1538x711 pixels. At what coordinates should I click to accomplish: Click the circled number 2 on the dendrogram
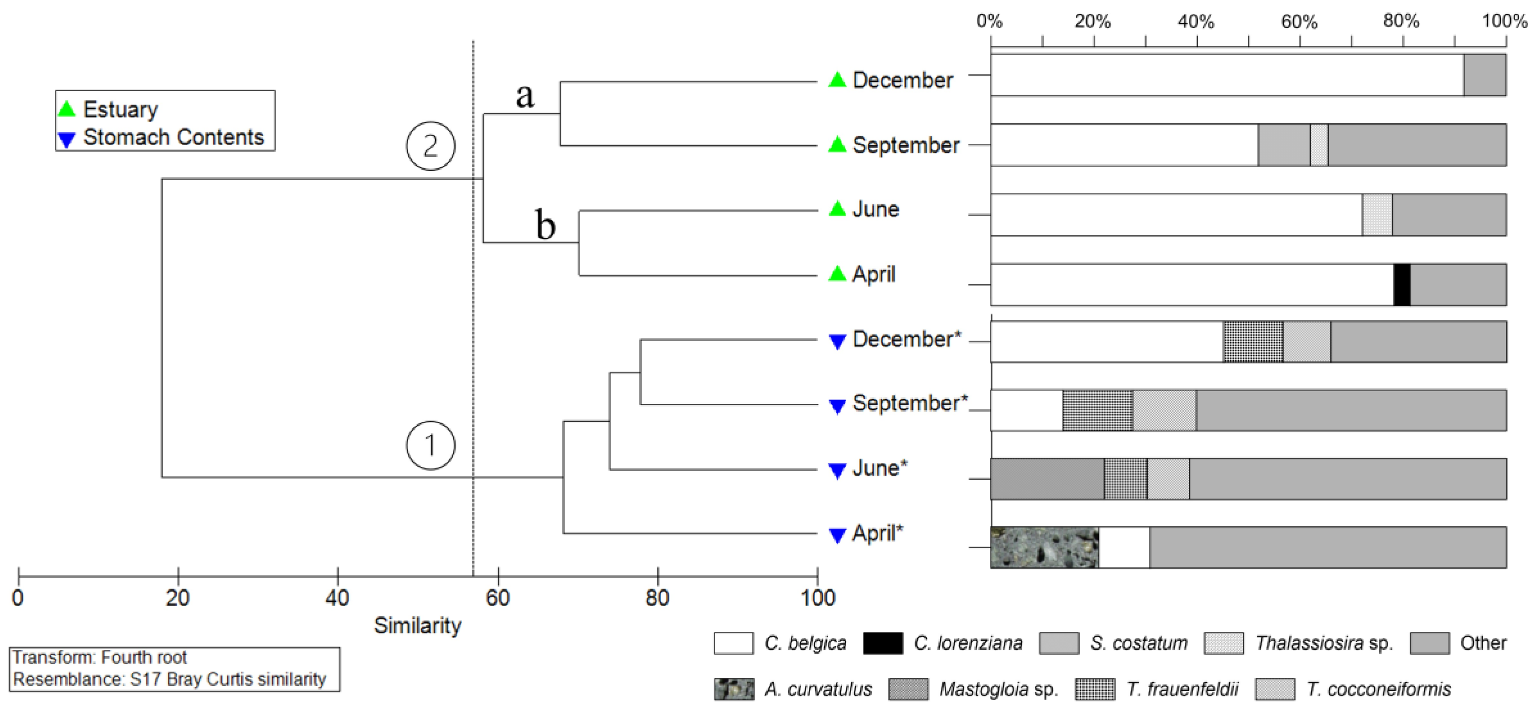[x=431, y=146]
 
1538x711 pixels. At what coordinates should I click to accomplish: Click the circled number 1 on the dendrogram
[x=431, y=445]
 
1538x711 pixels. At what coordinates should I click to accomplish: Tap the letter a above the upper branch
[x=525, y=96]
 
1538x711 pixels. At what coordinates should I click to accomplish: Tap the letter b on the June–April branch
[x=545, y=225]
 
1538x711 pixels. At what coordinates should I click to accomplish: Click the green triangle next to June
[x=837, y=209]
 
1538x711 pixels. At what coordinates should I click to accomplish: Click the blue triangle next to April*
[x=837, y=535]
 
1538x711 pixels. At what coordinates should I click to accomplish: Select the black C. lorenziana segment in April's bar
[x=1401, y=284]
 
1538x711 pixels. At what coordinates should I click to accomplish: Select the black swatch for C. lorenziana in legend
[x=882, y=643]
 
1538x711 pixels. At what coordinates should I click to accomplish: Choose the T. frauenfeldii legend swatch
[x=1094, y=689]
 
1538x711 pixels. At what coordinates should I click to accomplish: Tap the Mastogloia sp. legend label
[x=998, y=689]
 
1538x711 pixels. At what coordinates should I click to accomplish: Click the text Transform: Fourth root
[x=100, y=657]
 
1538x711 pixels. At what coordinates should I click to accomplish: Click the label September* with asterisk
[x=909, y=403]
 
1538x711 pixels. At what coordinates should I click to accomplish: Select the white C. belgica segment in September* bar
[x=1026, y=410]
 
